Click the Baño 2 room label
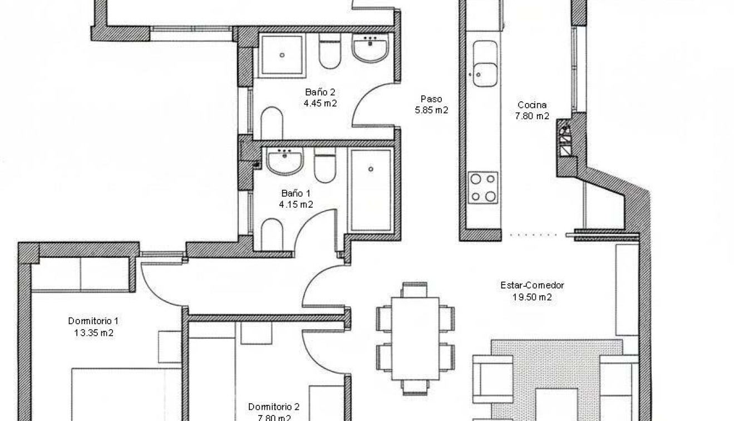(320, 92)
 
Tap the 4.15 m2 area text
(295, 204)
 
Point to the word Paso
(431, 99)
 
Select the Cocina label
(532, 105)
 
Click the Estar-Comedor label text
(532, 286)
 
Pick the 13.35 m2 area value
(93, 333)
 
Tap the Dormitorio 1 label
(93, 321)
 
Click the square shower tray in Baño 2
(282, 55)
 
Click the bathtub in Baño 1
(371, 189)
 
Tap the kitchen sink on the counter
(485, 65)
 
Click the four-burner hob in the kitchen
(483, 188)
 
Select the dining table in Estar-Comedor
(415, 338)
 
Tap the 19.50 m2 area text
(532, 297)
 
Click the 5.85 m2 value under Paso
(431, 110)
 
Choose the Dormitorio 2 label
(274, 406)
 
